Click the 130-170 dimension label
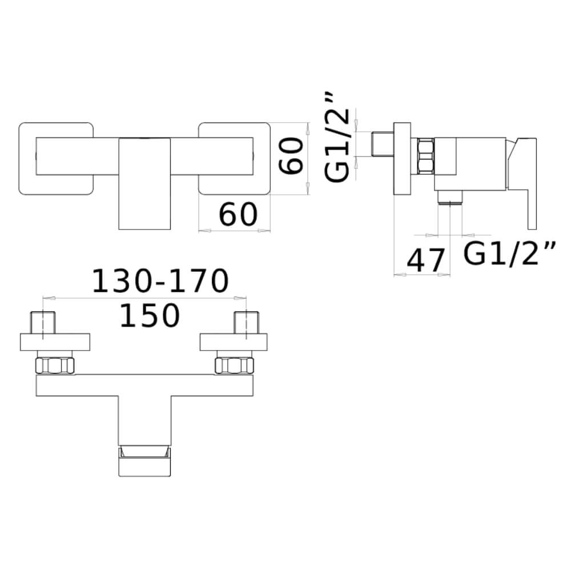(x=160, y=281)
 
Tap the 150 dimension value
(x=150, y=315)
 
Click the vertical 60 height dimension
(x=291, y=156)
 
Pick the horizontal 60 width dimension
(x=238, y=215)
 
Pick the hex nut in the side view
(x=426, y=155)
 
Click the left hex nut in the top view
(x=55, y=365)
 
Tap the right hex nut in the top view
(x=235, y=365)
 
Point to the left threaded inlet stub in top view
(x=43, y=322)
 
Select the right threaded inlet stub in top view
(x=247, y=322)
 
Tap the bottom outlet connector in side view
(x=450, y=197)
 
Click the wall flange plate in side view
(x=402, y=158)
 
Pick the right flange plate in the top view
(x=234, y=342)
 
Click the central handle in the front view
(x=144, y=183)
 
